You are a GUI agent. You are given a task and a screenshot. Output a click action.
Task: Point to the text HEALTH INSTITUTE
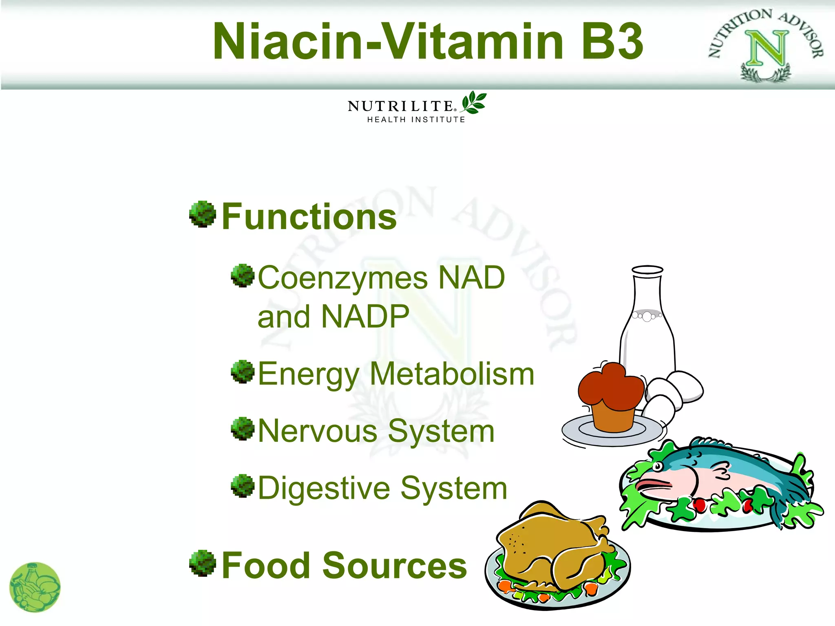coord(416,120)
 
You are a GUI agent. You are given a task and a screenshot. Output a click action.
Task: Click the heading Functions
coord(309,217)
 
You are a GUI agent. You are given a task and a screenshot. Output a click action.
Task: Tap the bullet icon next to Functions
coord(203,214)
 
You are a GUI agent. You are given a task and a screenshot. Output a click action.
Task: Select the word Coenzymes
coord(343,278)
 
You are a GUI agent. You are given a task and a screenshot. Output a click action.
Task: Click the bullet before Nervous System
coord(243,429)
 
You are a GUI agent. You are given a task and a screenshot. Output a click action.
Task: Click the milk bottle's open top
coord(647,270)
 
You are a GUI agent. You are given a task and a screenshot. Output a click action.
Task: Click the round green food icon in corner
coord(35,587)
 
